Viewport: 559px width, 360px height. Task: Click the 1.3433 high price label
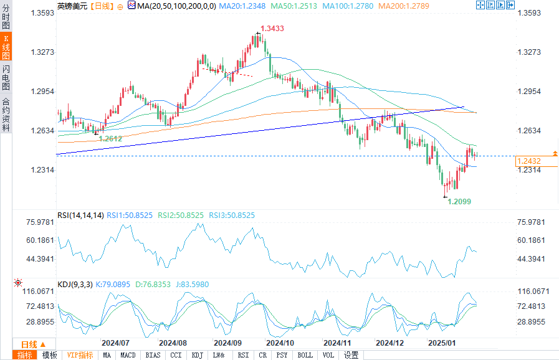[272, 29]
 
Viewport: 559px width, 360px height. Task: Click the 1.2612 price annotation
[110, 139]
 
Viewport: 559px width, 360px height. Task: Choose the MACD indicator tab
[128, 355]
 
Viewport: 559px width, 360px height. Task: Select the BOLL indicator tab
[305, 355]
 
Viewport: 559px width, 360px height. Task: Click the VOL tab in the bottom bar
[328, 355]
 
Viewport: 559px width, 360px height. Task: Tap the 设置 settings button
[351, 355]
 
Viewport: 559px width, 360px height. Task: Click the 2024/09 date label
[227, 343]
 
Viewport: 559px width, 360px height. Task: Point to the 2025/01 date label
[442, 343]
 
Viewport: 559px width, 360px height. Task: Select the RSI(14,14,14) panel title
[80, 216]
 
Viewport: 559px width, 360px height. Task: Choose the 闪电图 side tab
[6, 78]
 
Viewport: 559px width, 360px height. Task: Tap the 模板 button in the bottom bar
[49, 355]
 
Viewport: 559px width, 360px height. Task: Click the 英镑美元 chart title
[69, 6]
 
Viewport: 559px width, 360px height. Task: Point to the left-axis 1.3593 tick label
[42, 12]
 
